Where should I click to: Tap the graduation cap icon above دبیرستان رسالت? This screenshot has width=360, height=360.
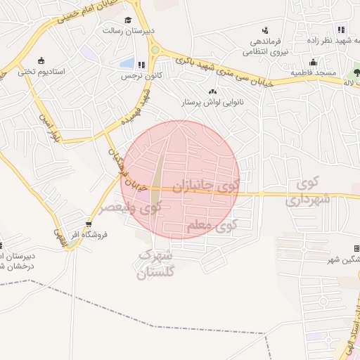tap(128, 20)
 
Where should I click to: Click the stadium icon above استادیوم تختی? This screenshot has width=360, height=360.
tap(41, 60)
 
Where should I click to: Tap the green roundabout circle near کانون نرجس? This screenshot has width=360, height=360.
tap(155, 50)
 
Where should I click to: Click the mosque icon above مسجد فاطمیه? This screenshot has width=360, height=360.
tap(313, 62)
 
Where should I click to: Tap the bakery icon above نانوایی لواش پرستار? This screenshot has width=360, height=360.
tap(212, 91)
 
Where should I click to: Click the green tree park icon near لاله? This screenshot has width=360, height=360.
tap(356, 72)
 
